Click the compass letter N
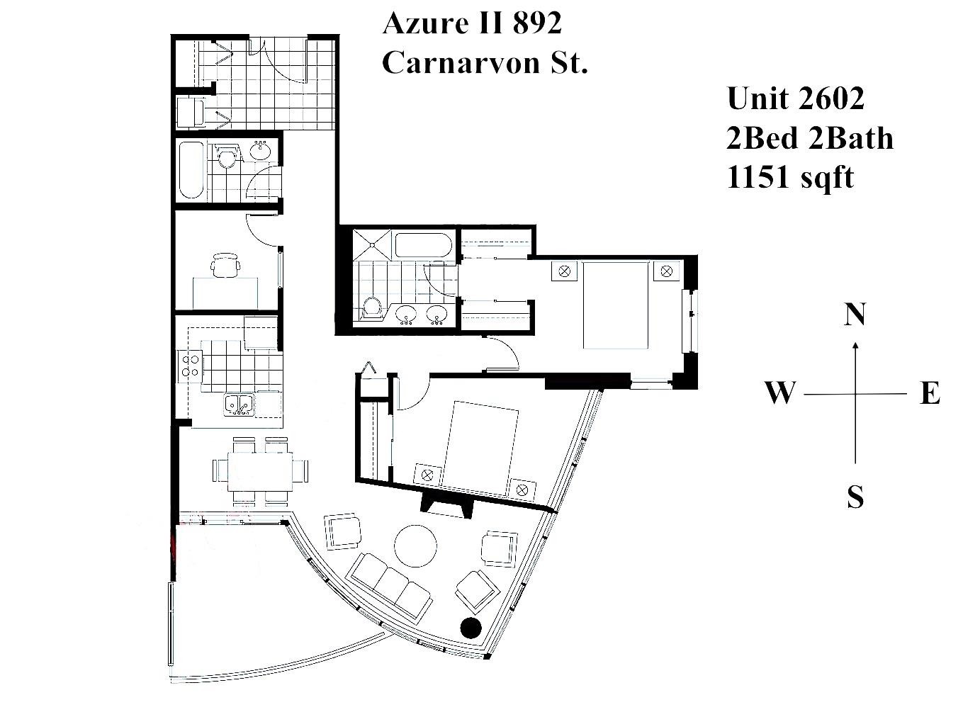(x=855, y=314)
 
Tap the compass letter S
(x=855, y=498)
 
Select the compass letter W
(x=779, y=392)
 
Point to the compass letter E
(x=930, y=393)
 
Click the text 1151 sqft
(x=790, y=177)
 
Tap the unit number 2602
(x=830, y=98)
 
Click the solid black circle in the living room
(x=471, y=628)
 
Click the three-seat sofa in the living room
(x=390, y=584)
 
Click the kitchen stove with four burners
(x=190, y=365)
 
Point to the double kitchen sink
(x=240, y=404)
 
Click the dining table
(x=260, y=470)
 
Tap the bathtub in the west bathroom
(x=191, y=171)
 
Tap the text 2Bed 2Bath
(x=809, y=138)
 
